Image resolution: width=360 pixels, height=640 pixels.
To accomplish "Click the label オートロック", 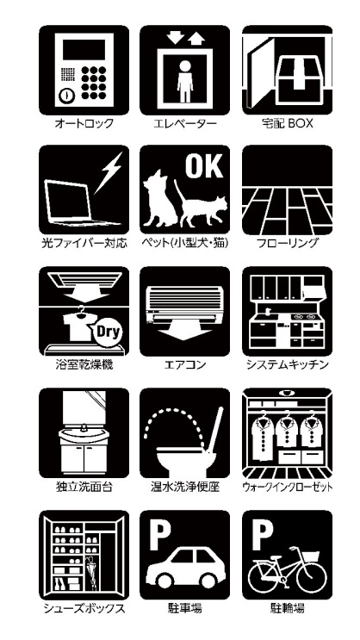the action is pyautogui.click(x=84, y=124).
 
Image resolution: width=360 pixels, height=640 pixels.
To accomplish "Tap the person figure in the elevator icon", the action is pyautogui.click(x=185, y=81).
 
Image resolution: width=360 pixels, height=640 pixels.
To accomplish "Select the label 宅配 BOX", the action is pyautogui.click(x=288, y=124).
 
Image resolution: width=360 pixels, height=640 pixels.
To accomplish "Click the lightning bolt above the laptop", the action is pyautogui.click(x=109, y=172).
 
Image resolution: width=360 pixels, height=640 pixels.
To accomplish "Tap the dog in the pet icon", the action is pyautogui.click(x=159, y=199).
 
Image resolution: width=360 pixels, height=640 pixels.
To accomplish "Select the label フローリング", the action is pyautogui.click(x=288, y=244).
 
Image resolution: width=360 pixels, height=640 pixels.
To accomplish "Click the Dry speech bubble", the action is pyautogui.click(x=108, y=332).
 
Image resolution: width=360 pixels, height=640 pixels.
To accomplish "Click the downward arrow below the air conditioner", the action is pyautogui.click(x=184, y=329).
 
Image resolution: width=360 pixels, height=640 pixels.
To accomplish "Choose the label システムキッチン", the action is pyautogui.click(x=288, y=364).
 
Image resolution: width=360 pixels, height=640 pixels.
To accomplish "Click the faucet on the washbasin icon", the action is pyautogui.click(x=84, y=427).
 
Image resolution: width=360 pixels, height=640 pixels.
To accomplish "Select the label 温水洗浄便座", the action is pyautogui.click(x=185, y=487).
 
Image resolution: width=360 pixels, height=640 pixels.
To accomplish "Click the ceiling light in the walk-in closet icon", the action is pyautogui.click(x=289, y=393).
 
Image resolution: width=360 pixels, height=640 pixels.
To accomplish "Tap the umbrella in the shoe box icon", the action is pyautogui.click(x=91, y=573).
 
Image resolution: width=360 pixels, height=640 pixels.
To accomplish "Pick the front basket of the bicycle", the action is pyautogui.click(x=312, y=556).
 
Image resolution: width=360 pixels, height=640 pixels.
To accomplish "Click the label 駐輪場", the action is pyautogui.click(x=288, y=609).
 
